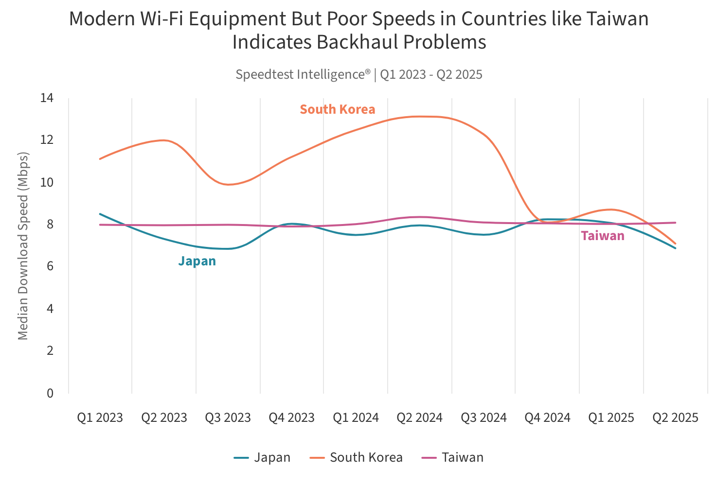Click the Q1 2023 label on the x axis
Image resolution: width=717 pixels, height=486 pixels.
100,417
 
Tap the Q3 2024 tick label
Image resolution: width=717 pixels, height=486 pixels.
484,417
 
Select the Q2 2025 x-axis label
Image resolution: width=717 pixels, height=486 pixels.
675,417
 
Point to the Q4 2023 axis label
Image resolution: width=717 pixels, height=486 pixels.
292,417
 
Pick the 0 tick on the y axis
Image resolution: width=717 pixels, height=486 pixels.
50,393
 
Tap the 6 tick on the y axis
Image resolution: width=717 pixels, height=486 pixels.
50,266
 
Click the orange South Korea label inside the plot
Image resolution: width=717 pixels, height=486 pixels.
338,109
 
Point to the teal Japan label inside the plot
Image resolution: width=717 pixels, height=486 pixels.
197,261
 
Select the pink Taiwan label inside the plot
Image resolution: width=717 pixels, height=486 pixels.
603,236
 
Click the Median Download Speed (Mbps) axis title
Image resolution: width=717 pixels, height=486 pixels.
23,246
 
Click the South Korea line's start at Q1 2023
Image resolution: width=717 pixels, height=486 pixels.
100,159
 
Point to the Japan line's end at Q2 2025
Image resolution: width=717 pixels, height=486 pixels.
675,248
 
